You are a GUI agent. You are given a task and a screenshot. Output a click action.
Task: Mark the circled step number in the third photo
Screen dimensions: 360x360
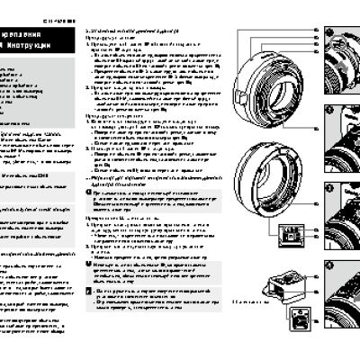coord(329,188)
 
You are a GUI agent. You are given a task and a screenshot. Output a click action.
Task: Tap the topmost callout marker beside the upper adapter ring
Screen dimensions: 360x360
coord(317,30)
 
